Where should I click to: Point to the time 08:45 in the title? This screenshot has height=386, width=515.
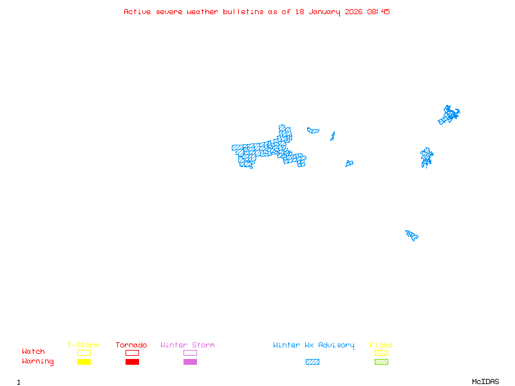[x=379, y=12]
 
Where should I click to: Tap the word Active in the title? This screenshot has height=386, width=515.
[x=138, y=12]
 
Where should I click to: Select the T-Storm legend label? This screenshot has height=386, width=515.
[x=83, y=345]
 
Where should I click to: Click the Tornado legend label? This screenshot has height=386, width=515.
[x=131, y=345]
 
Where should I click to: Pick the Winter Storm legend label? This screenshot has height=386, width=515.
[x=187, y=345]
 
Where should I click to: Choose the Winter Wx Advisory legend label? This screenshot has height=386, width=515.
[x=314, y=345]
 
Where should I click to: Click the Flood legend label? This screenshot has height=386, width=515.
[x=381, y=345]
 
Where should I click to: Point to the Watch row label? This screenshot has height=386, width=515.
[x=33, y=352]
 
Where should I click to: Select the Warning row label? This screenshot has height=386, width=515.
[x=38, y=362]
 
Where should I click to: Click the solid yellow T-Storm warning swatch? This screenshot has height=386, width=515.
[x=84, y=362]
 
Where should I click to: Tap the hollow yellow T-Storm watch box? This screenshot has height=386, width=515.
[x=84, y=353]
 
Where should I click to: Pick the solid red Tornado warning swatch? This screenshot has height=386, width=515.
[x=132, y=362]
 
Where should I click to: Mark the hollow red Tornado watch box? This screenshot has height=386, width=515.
[x=132, y=353]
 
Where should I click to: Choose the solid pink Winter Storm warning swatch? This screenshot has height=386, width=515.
[x=190, y=362]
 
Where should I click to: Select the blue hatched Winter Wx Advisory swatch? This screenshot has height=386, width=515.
[x=312, y=362]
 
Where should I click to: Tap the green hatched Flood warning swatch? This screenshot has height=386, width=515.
[x=381, y=362]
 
